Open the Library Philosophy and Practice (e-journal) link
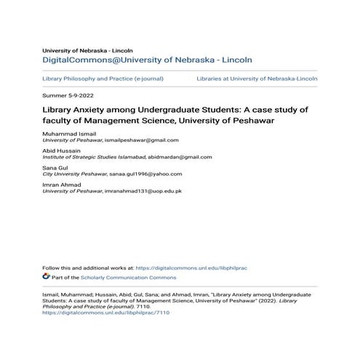(103, 78)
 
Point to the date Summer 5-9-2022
(68, 96)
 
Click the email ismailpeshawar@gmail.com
(142, 140)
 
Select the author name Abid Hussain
(61, 150)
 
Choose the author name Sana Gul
(56, 167)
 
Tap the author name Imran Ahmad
(62, 184)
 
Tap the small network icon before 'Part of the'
(47, 277)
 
